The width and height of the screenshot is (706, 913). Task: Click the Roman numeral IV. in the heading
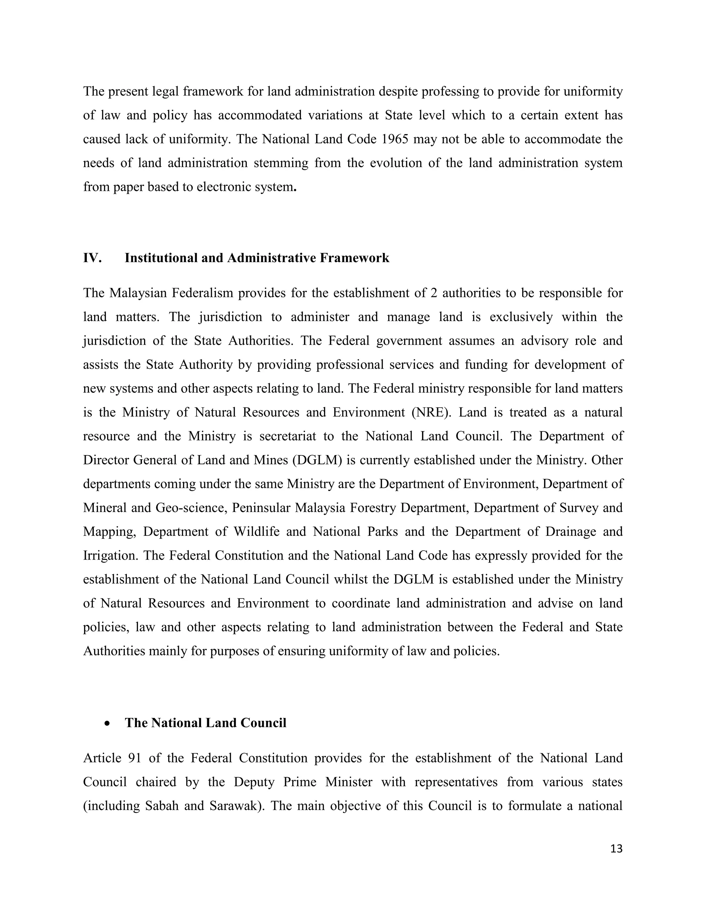click(92, 258)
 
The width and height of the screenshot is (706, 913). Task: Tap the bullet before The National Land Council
click(108, 723)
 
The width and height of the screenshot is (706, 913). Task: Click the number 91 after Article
click(135, 758)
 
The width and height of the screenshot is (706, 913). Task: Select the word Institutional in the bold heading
click(161, 258)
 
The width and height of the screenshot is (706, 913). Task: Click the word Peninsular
click(259, 508)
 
